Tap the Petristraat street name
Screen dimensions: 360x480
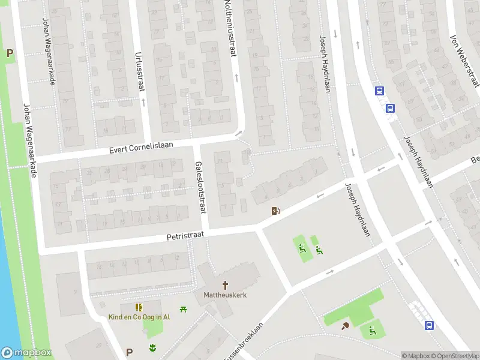pos(186,236)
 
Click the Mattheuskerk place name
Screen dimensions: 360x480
pos(225,295)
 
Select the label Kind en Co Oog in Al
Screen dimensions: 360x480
pos(139,317)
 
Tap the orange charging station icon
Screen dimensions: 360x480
pos(276,211)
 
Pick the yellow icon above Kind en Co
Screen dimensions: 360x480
pos(139,307)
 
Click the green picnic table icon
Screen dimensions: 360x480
pos(184,308)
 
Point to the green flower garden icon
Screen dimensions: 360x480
pos(152,347)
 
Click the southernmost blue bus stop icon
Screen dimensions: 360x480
pos(430,325)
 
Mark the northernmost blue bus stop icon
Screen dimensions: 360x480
pos(379,91)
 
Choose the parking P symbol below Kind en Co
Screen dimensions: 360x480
pos(129,352)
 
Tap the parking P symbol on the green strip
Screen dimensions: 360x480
pos(10,53)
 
